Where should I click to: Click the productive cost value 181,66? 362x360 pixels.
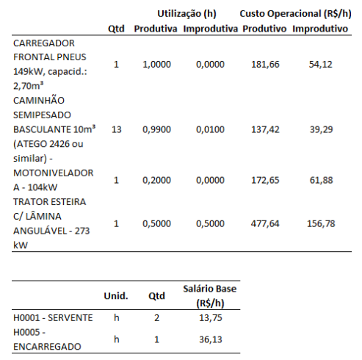[x=265, y=65]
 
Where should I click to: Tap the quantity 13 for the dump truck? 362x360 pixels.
[x=116, y=129]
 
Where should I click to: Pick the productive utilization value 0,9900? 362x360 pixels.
[x=156, y=129]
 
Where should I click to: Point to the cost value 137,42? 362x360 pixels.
[x=265, y=129]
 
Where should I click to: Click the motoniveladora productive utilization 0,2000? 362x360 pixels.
[x=156, y=180]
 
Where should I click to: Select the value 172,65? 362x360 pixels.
[x=265, y=180]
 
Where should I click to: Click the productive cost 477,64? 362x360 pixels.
[x=265, y=223]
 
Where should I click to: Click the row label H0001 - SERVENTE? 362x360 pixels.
[x=53, y=317]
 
